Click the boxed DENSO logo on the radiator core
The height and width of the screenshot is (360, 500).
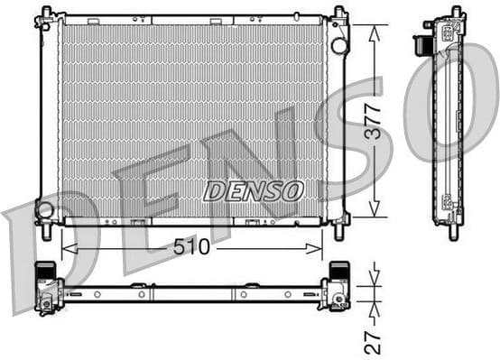click(253, 190)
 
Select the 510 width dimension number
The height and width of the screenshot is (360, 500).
click(192, 247)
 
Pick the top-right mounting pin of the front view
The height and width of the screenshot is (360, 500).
click(339, 14)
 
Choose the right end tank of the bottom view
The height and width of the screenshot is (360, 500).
click(339, 287)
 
